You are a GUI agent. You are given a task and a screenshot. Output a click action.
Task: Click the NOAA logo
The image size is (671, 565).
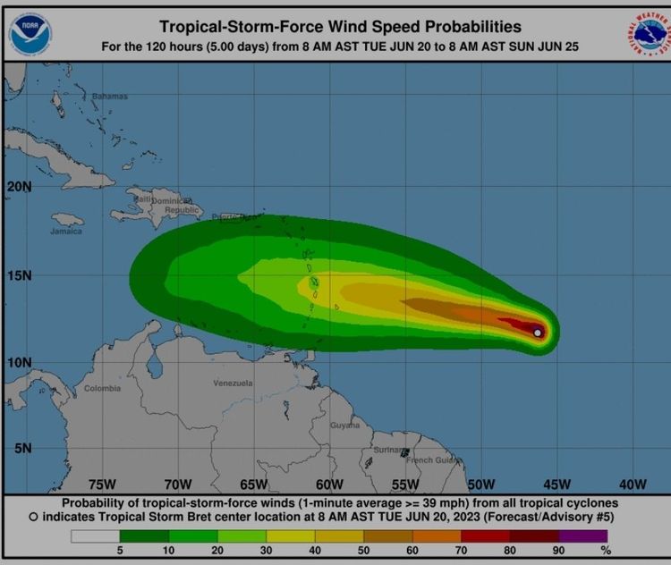[30, 31]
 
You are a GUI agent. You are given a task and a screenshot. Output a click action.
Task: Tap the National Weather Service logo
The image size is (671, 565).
[647, 33]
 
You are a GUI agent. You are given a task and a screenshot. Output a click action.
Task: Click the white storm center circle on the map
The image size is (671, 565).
[538, 333]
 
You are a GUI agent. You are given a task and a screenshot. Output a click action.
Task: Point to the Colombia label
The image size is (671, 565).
[102, 388]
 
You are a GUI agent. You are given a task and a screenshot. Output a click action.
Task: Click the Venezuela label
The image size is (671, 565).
[233, 383]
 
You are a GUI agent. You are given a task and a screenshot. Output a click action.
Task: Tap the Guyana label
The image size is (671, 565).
[344, 426]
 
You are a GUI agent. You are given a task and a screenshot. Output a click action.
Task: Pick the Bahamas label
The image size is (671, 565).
[110, 96]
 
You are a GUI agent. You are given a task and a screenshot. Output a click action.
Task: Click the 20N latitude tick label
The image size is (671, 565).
[20, 187]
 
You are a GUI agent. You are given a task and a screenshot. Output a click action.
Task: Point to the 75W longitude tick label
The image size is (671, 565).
[102, 485]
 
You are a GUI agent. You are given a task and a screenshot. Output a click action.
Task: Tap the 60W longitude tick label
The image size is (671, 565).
[329, 485]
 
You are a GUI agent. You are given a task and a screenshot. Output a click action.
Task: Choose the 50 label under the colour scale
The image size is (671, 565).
[363, 550]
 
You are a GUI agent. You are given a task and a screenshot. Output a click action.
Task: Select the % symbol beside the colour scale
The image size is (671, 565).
[605, 550]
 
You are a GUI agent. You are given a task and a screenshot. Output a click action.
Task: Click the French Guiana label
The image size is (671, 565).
[434, 460]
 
